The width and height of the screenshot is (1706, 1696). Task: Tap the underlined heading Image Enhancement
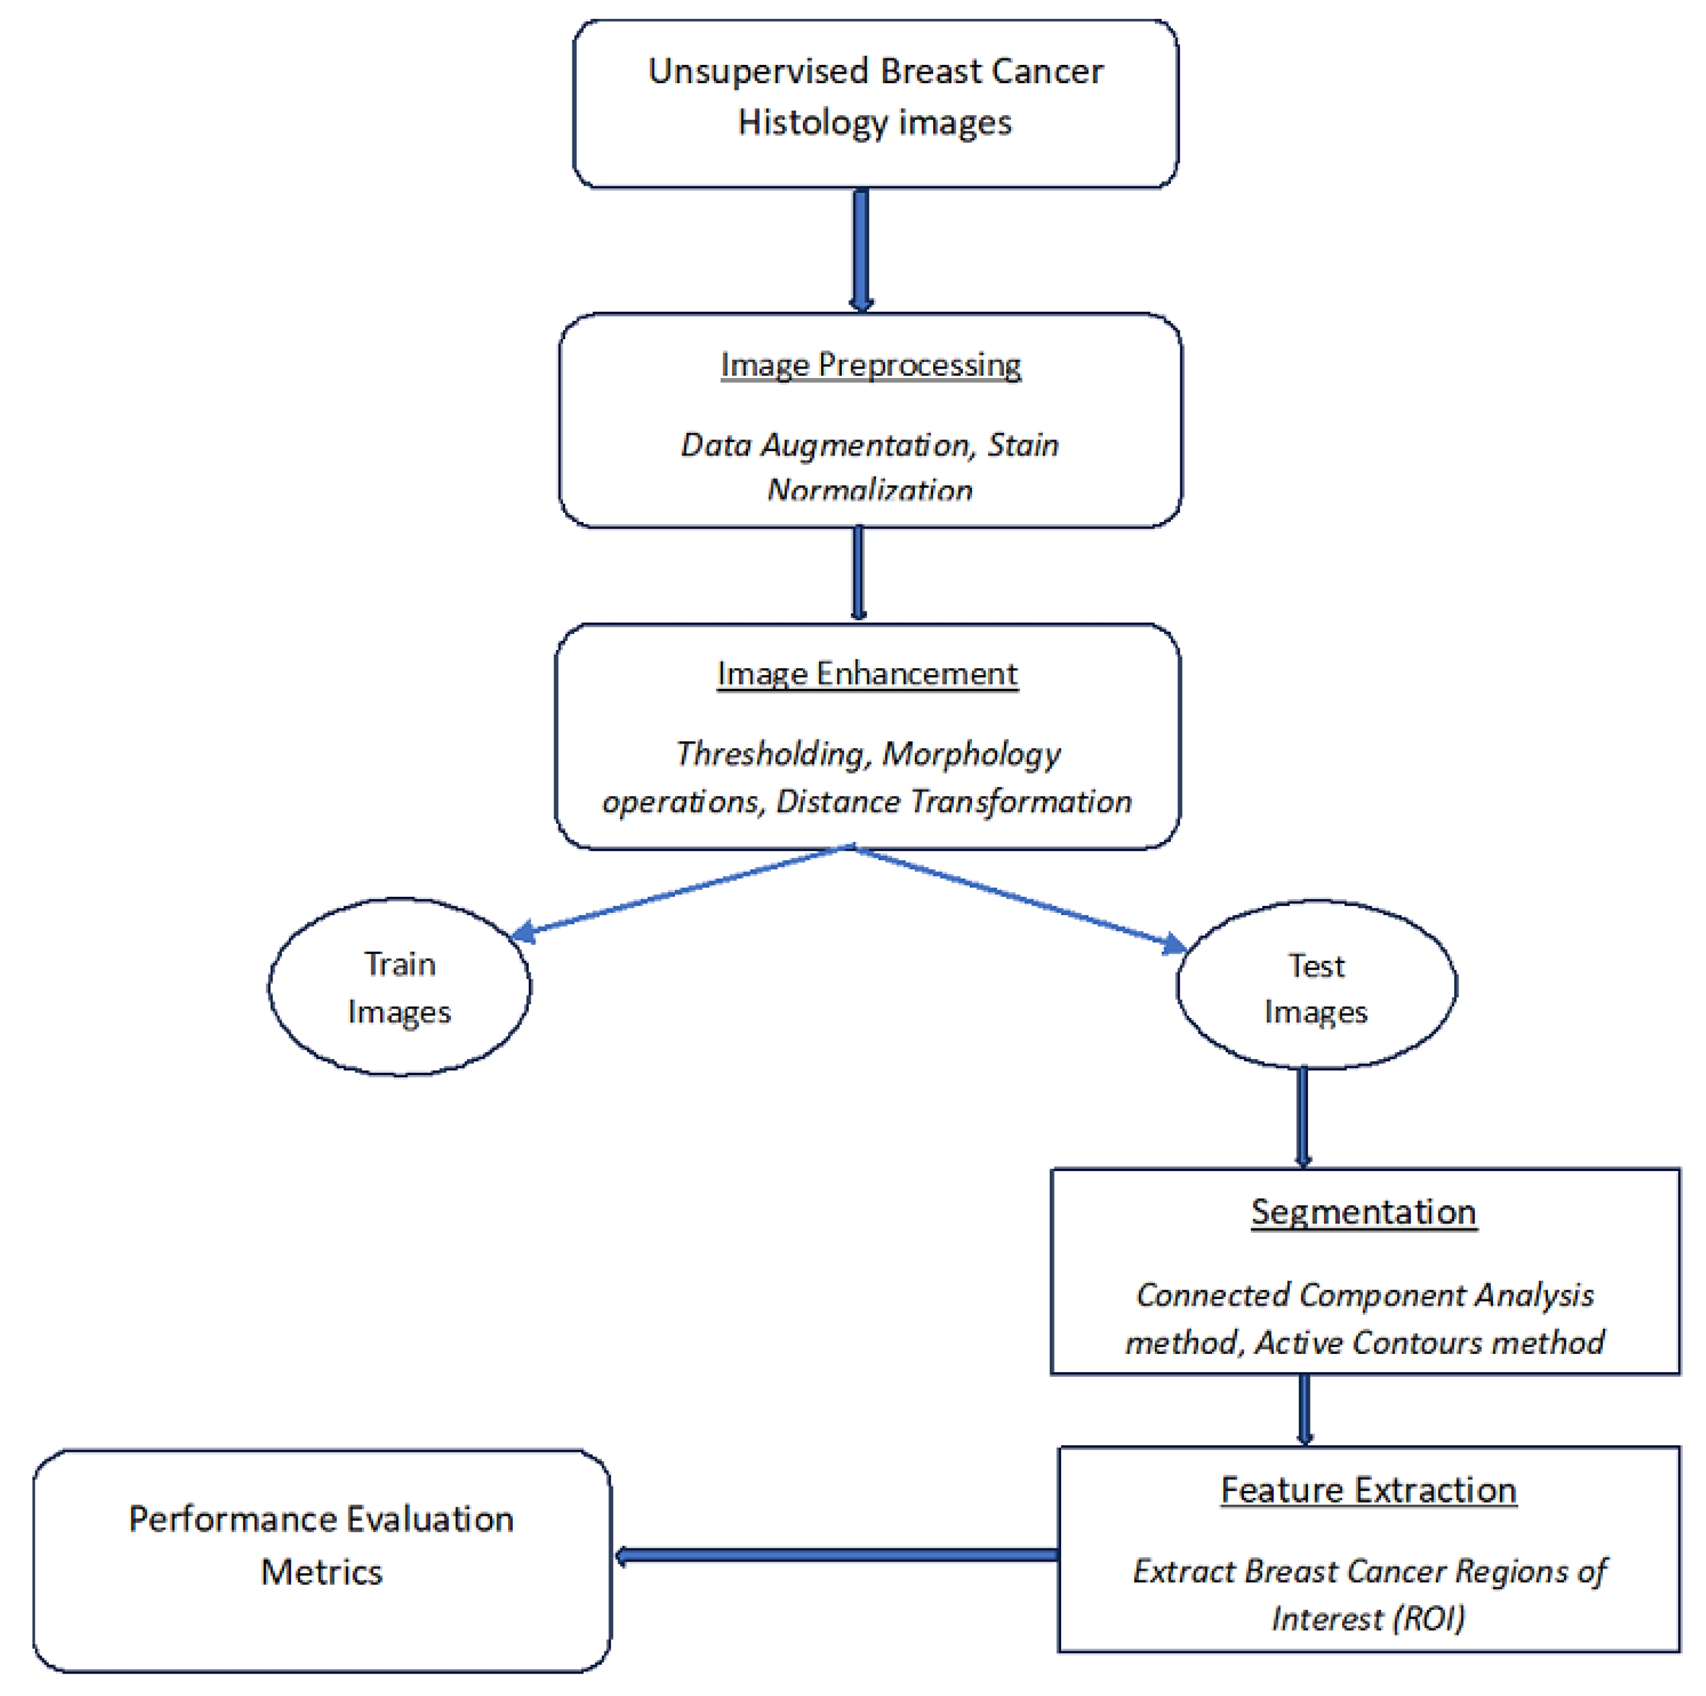click(867, 674)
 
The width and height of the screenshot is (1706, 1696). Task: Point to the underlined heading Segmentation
click(1364, 1211)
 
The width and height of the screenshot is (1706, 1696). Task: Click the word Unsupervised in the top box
click(759, 71)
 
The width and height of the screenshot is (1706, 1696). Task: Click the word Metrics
click(321, 1572)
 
